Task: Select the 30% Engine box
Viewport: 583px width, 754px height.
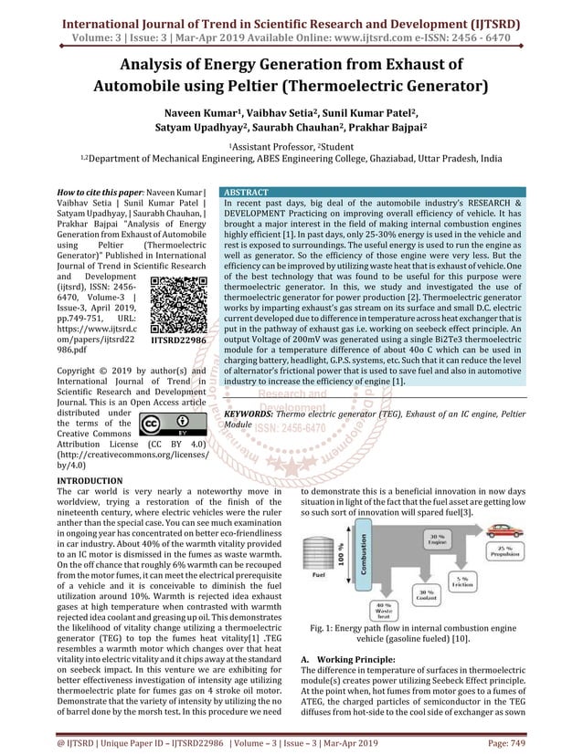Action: [437, 539]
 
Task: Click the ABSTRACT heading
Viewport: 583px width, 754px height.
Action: [247, 194]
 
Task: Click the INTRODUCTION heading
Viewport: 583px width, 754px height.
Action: [90, 480]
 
